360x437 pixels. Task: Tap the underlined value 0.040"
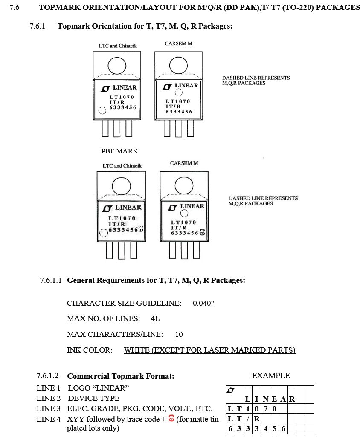[x=203, y=304]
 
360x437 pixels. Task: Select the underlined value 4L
[x=155, y=319]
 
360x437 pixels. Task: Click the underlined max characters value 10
[x=179, y=335]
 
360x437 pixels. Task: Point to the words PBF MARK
[x=119, y=151]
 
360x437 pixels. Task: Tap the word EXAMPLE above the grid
[x=270, y=376]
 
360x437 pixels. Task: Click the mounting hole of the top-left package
[x=117, y=66]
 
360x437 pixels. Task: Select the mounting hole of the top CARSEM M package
[x=178, y=65]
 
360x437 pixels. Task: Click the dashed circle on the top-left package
[x=102, y=110]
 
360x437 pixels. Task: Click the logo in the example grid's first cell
[x=231, y=390]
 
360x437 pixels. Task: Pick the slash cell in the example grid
[x=248, y=419]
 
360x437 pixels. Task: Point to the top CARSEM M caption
[x=178, y=44]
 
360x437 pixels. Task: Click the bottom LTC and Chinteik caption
[x=122, y=166]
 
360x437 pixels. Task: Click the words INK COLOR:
[x=90, y=350]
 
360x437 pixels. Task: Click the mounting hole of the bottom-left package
[x=121, y=185]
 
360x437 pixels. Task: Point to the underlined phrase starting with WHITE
[x=209, y=350]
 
